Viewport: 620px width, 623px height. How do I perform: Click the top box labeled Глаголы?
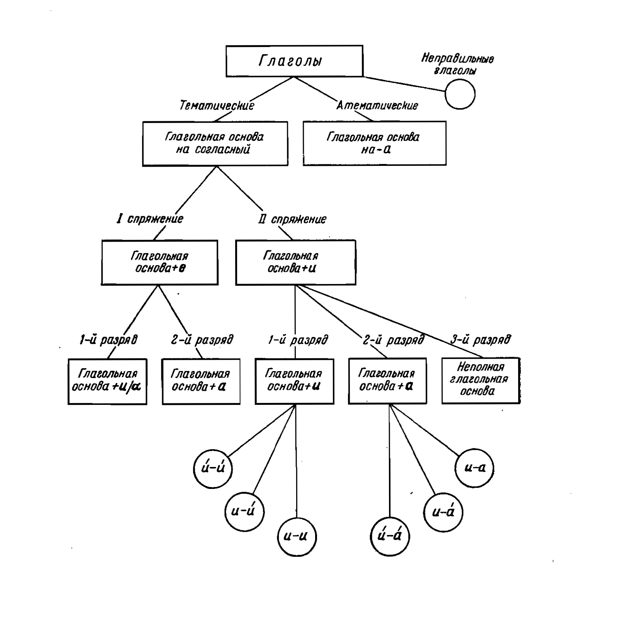(x=294, y=61)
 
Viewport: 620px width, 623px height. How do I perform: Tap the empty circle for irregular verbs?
(x=460, y=94)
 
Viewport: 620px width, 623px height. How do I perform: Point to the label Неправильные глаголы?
(x=457, y=64)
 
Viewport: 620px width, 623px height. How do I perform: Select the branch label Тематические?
(x=217, y=105)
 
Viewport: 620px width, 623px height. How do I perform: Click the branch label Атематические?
(x=378, y=105)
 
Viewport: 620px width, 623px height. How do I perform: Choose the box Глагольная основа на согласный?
(x=215, y=144)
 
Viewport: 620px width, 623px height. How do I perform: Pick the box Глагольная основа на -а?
(x=374, y=143)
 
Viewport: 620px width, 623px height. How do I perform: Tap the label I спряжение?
(x=150, y=219)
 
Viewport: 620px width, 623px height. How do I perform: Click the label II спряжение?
(x=292, y=219)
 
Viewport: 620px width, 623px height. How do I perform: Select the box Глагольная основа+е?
(x=159, y=262)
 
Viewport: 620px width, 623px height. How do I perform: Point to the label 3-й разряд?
(x=480, y=339)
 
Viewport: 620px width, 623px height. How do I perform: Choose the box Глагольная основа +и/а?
(x=107, y=381)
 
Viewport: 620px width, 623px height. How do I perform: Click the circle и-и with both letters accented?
(x=213, y=468)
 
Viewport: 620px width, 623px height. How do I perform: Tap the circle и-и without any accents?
(x=297, y=537)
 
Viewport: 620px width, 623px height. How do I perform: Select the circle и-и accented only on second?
(x=245, y=512)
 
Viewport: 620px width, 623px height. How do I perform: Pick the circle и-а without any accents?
(x=474, y=468)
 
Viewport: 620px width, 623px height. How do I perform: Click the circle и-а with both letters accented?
(x=389, y=536)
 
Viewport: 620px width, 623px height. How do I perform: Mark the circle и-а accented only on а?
(x=443, y=512)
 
